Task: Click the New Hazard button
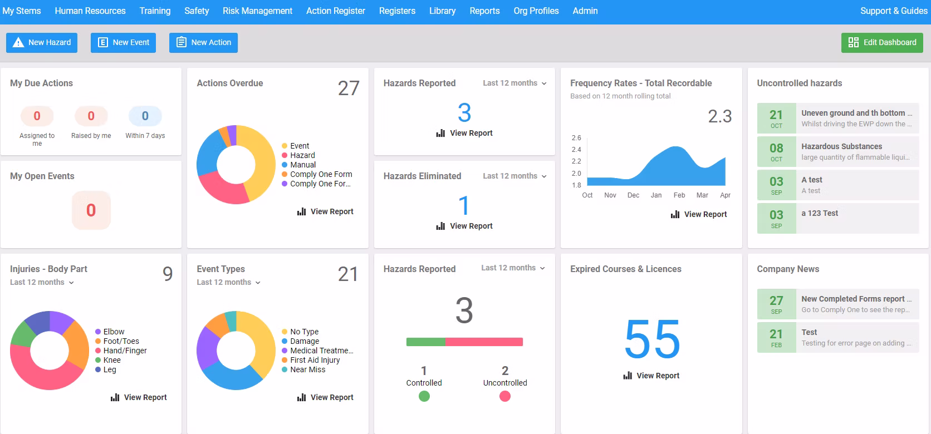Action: pyautogui.click(x=42, y=43)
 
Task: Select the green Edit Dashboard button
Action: pyautogui.click(x=881, y=43)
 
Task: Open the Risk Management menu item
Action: pyautogui.click(x=257, y=11)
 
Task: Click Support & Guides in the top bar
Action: pyautogui.click(x=893, y=11)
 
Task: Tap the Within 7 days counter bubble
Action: pyautogui.click(x=145, y=116)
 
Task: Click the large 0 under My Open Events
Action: pyautogui.click(x=91, y=210)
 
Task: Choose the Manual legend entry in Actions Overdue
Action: pyautogui.click(x=302, y=165)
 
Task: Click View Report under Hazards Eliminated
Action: pyautogui.click(x=464, y=226)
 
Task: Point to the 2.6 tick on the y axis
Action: pyautogui.click(x=576, y=138)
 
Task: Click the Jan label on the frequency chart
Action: pyautogui.click(x=656, y=195)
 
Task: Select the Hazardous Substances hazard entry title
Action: pyautogui.click(x=841, y=146)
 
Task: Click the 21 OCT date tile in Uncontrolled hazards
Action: pyautogui.click(x=776, y=118)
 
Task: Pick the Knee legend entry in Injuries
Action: pyautogui.click(x=111, y=360)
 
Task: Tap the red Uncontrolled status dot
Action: pyautogui.click(x=504, y=396)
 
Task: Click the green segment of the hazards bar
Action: pyautogui.click(x=425, y=342)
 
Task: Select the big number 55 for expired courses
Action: pyautogui.click(x=652, y=339)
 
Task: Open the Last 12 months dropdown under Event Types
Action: pyautogui.click(x=228, y=283)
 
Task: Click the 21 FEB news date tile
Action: pyautogui.click(x=776, y=337)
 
